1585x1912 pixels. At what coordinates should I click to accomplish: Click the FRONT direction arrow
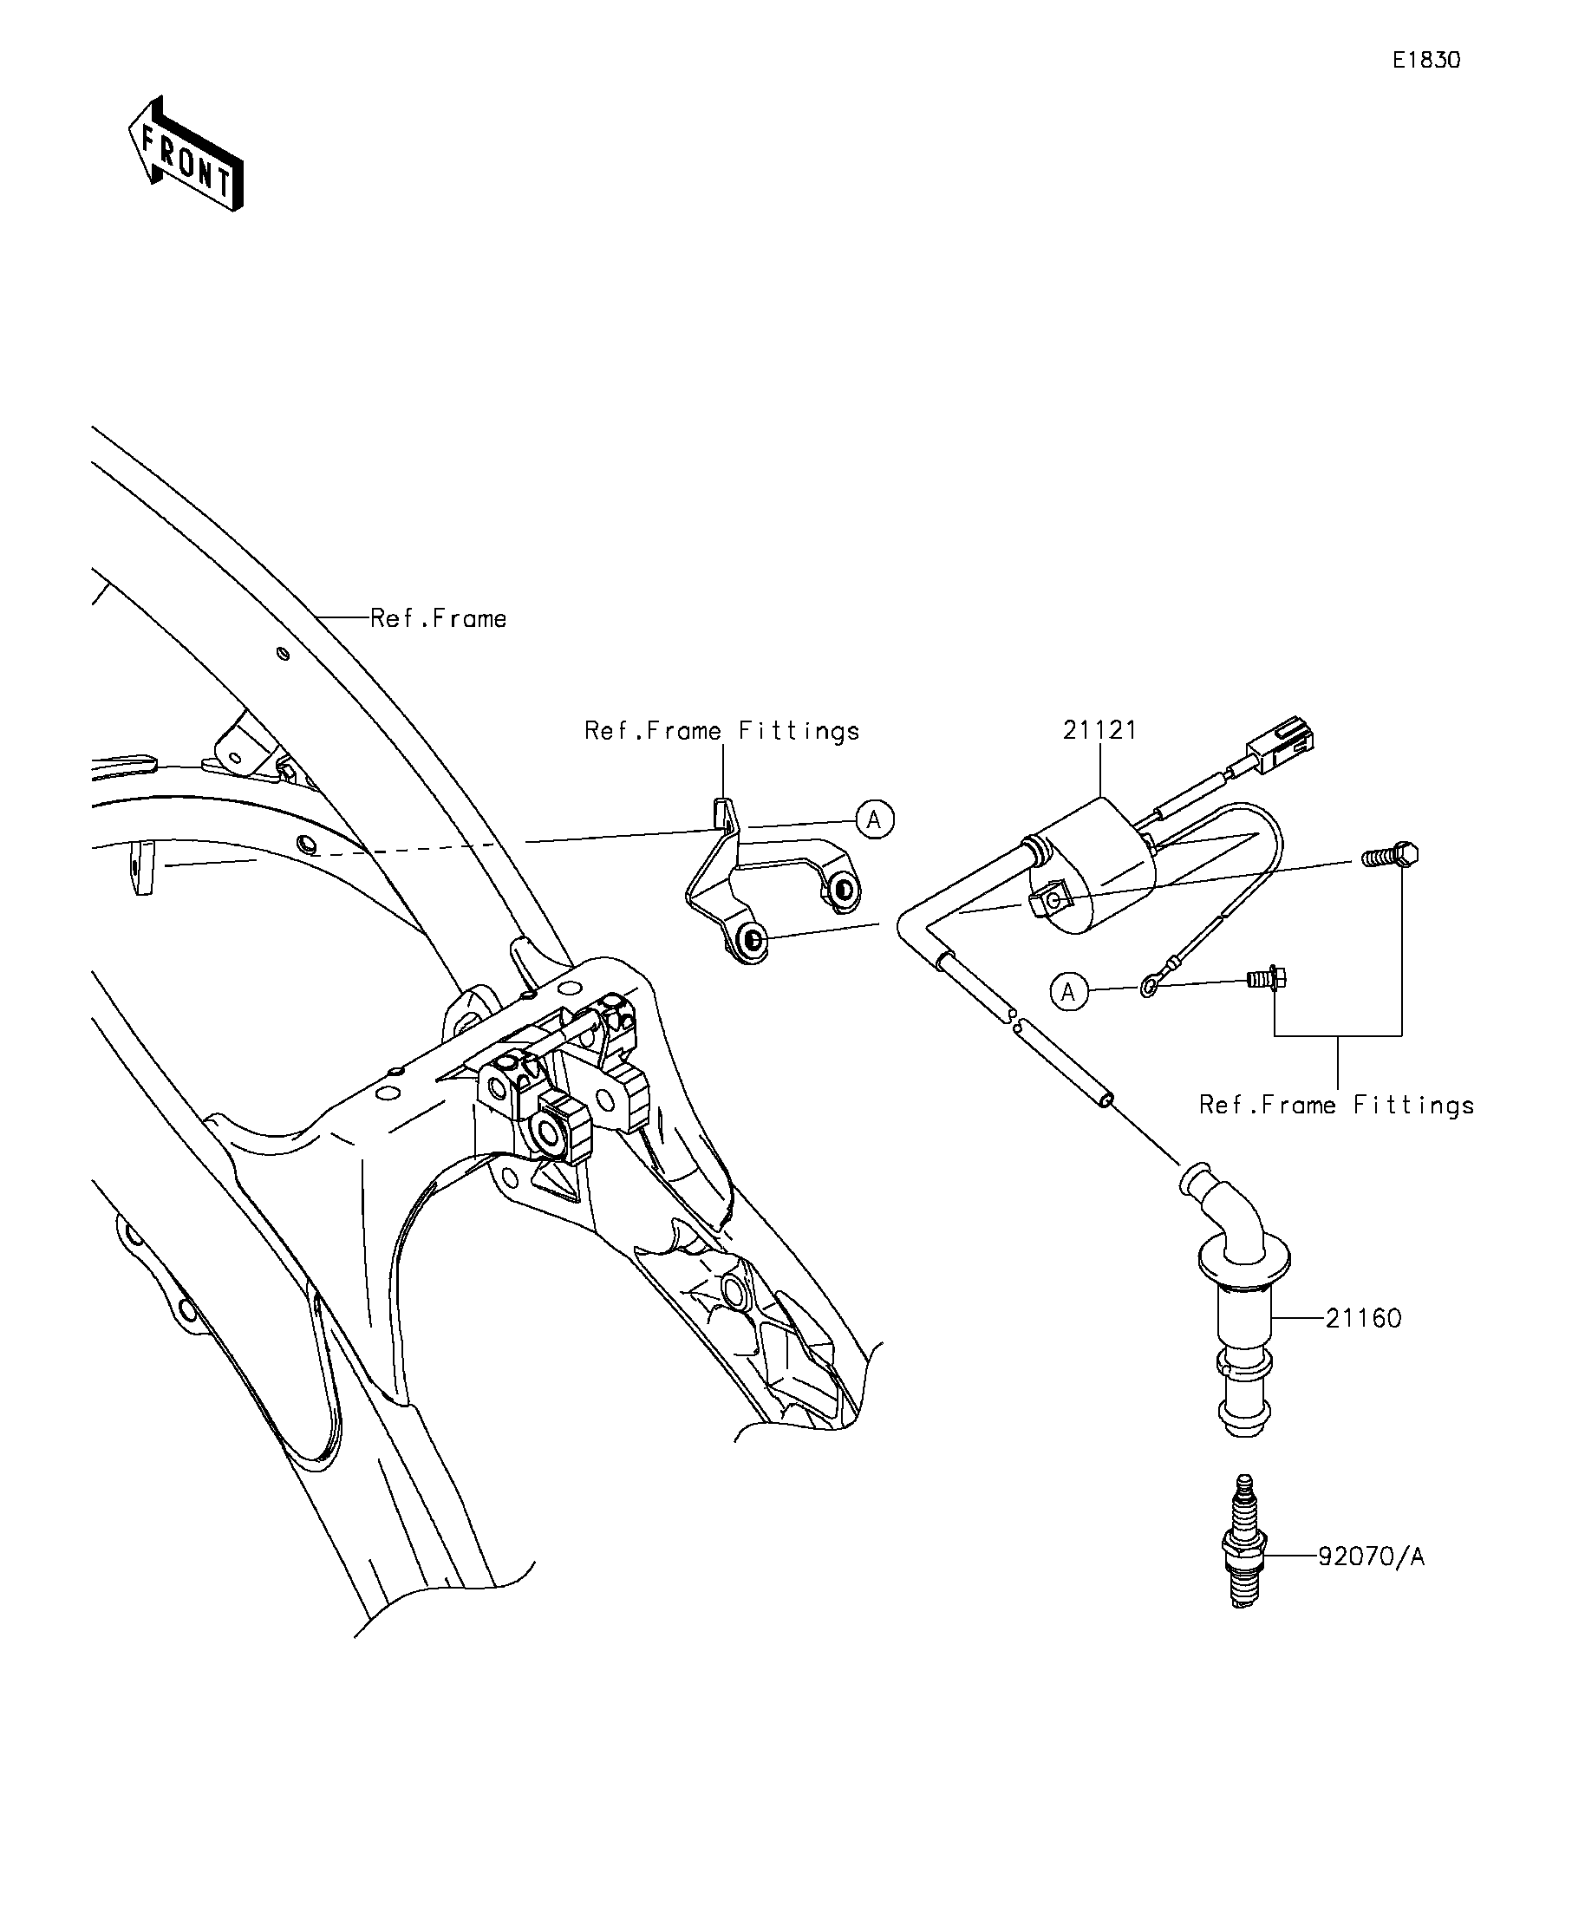(186, 153)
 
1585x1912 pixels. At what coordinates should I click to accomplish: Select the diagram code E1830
(1426, 60)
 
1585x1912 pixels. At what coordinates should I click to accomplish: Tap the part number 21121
(1099, 730)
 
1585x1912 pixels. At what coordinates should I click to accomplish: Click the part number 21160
(1363, 1317)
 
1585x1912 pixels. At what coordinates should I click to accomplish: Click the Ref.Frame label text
(438, 619)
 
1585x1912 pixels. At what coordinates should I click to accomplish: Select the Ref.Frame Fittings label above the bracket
(722, 731)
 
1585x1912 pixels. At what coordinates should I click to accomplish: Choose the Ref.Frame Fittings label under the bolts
(1336, 1106)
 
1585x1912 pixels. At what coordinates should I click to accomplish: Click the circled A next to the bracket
(874, 819)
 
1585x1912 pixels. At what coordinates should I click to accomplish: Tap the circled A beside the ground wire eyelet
(1069, 991)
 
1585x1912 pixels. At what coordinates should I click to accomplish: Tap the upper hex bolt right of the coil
(1390, 856)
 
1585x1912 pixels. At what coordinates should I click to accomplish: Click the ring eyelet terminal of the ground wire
(1150, 985)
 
